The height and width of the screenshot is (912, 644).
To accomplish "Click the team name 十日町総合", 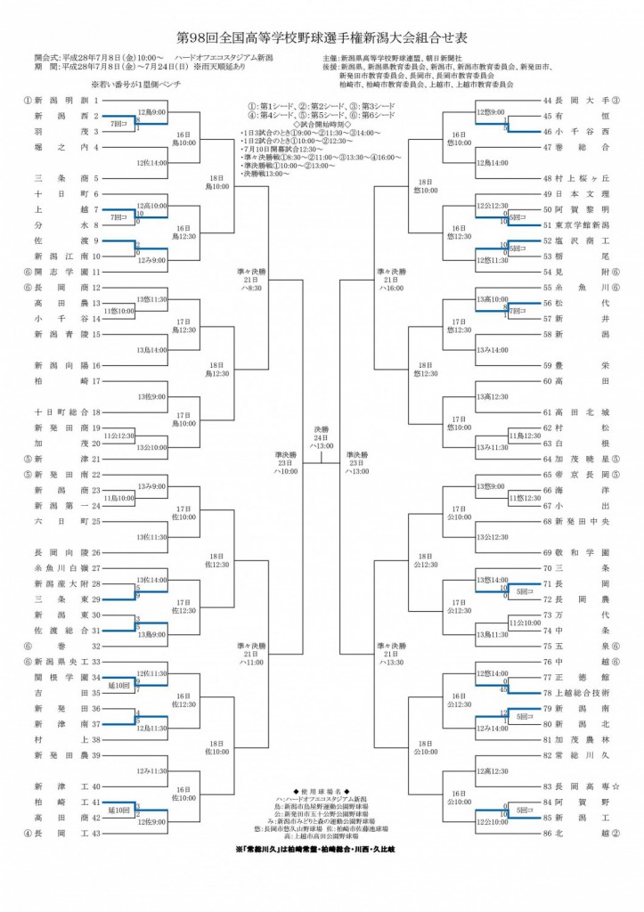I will (x=59, y=412).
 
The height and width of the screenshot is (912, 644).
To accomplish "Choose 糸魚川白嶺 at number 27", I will (x=59, y=567).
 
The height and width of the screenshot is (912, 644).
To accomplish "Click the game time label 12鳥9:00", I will (x=151, y=111).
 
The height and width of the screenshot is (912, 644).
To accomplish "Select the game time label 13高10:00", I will (x=492, y=299).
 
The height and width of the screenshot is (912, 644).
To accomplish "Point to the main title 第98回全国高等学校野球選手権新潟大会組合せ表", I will (x=322, y=38).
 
